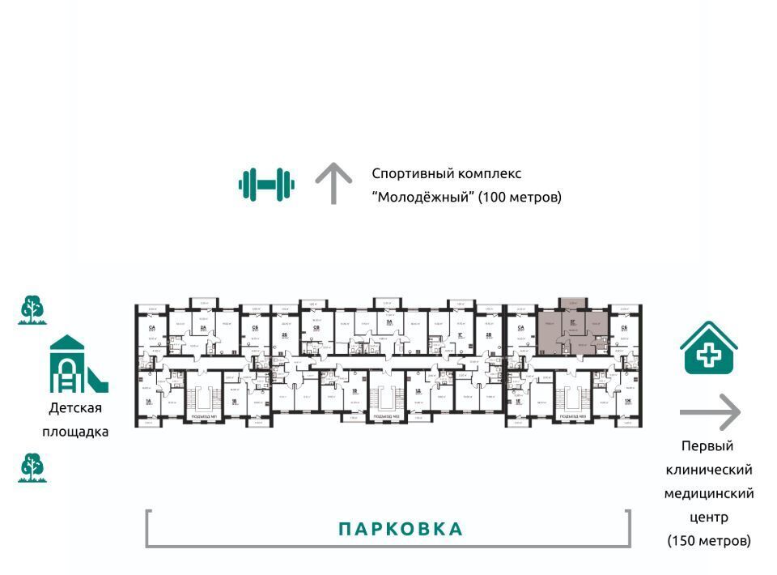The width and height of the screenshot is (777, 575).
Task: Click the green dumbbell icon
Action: [266, 184]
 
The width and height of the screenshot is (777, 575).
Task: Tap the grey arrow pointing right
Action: [710, 412]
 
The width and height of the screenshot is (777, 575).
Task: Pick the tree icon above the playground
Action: [32, 310]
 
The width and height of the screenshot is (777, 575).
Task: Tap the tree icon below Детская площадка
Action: [32, 467]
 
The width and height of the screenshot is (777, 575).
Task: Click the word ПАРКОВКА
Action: [401, 530]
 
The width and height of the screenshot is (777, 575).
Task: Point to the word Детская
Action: [75, 408]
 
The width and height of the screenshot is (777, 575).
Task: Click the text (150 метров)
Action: [709, 540]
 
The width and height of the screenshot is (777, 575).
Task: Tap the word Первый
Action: [707, 446]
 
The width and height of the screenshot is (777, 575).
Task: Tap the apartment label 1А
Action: [148, 400]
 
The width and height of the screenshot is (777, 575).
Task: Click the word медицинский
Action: [709, 493]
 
